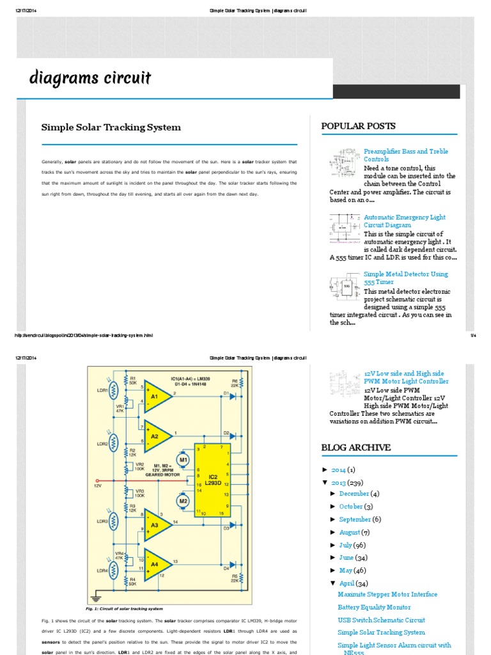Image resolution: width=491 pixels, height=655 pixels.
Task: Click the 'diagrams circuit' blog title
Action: [x=90, y=78]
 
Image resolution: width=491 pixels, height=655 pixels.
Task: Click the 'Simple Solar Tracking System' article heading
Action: [x=111, y=127]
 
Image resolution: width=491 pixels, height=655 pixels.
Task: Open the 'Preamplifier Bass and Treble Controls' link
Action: [x=405, y=155]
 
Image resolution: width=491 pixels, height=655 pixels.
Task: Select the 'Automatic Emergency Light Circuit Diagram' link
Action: [x=404, y=221]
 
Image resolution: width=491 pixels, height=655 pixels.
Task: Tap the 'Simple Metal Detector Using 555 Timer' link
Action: [x=405, y=278]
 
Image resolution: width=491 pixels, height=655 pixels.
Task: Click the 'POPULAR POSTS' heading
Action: [x=358, y=126]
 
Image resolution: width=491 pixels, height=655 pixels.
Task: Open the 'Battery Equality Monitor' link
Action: [x=374, y=607]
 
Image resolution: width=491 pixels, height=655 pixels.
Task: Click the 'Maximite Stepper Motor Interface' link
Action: [x=387, y=594]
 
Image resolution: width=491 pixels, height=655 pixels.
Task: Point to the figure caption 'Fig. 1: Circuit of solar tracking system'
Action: [x=124, y=608]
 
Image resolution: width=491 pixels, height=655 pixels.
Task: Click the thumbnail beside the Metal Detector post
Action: [x=345, y=286]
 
